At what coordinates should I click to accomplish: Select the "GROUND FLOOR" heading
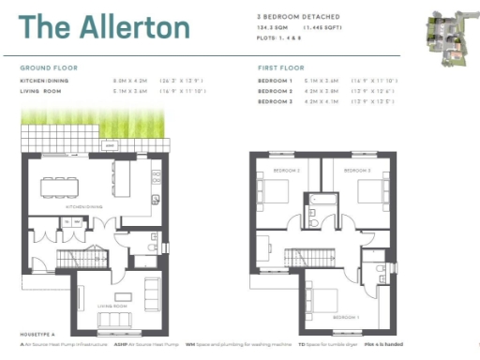[x=49, y=68]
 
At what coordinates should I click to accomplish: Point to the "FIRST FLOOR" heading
[x=280, y=68]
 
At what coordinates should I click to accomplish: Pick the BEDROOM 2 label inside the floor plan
[x=286, y=171]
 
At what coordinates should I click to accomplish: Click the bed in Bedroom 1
[x=328, y=298]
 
